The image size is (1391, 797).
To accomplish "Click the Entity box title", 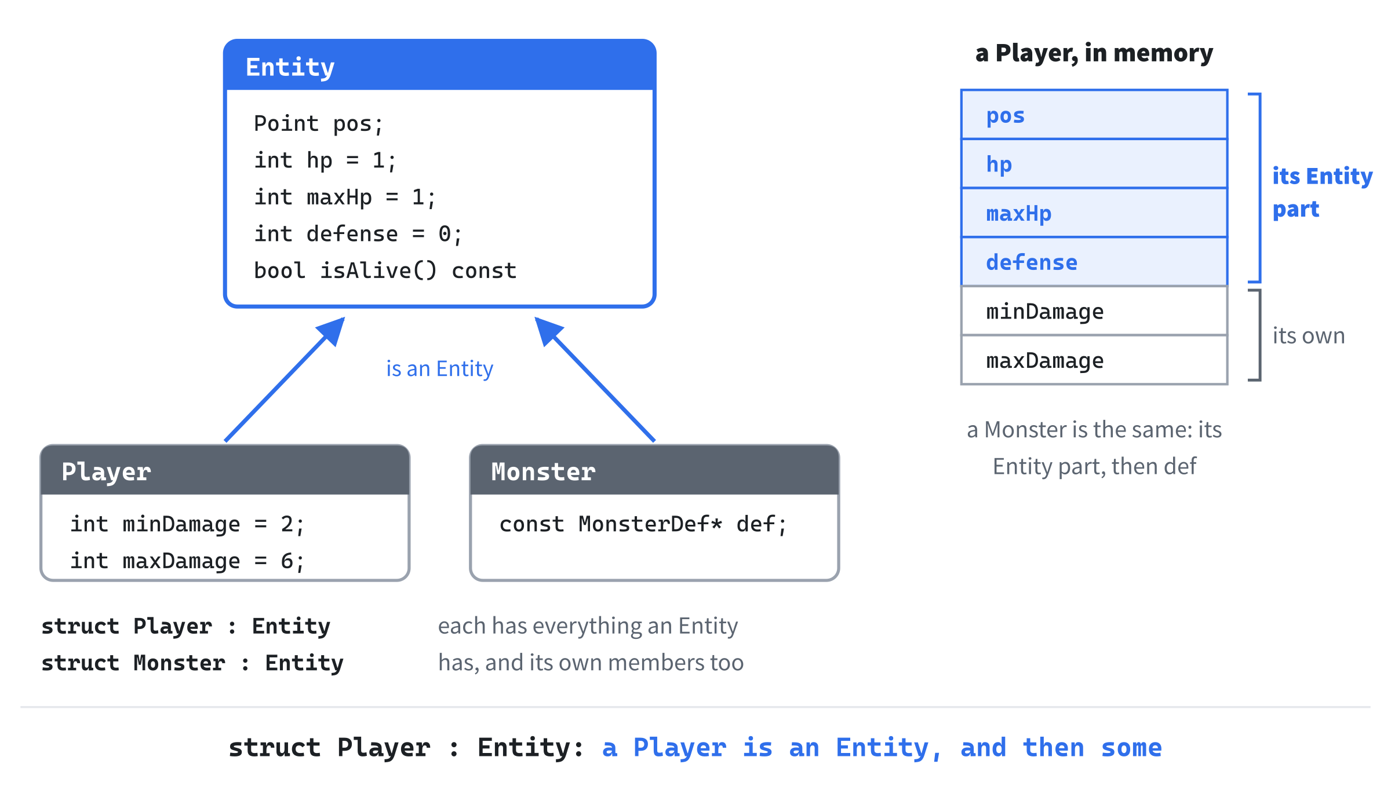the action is pyautogui.click(x=290, y=67).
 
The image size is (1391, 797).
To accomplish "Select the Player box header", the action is pyautogui.click(x=225, y=470).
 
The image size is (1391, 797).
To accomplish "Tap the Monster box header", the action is pyautogui.click(x=654, y=470).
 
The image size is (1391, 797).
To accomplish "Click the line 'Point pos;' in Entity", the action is pyautogui.click(x=318, y=124).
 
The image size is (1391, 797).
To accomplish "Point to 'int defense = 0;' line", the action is pyautogui.click(x=358, y=234).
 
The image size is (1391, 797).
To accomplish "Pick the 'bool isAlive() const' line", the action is pyautogui.click(x=385, y=270).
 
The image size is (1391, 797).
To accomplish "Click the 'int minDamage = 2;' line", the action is pyautogui.click(x=187, y=524).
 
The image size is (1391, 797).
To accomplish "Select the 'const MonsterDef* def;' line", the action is pyautogui.click(x=643, y=524).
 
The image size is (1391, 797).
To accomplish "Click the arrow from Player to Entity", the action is pyautogui.click(x=285, y=379).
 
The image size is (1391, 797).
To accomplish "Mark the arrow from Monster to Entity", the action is pyautogui.click(x=595, y=379).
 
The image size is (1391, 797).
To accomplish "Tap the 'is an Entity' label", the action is pyautogui.click(x=439, y=368).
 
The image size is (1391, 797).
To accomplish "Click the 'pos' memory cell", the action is pyautogui.click(x=1094, y=115).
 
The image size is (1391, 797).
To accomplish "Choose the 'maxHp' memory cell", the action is pyautogui.click(x=1094, y=213).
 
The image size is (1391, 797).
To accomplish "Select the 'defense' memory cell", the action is pyautogui.click(x=1094, y=262).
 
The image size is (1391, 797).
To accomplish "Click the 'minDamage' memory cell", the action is pyautogui.click(x=1094, y=310).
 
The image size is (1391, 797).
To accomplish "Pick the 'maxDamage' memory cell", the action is pyautogui.click(x=1094, y=360).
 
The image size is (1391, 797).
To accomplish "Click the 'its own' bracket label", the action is pyautogui.click(x=1308, y=336).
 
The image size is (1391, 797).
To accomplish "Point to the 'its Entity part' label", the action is pyautogui.click(x=1322, y=192).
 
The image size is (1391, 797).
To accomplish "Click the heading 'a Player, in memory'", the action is pyautogui.click(x=1094, y=53).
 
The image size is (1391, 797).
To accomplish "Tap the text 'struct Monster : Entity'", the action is pyautogui.click(x=192, y=663).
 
